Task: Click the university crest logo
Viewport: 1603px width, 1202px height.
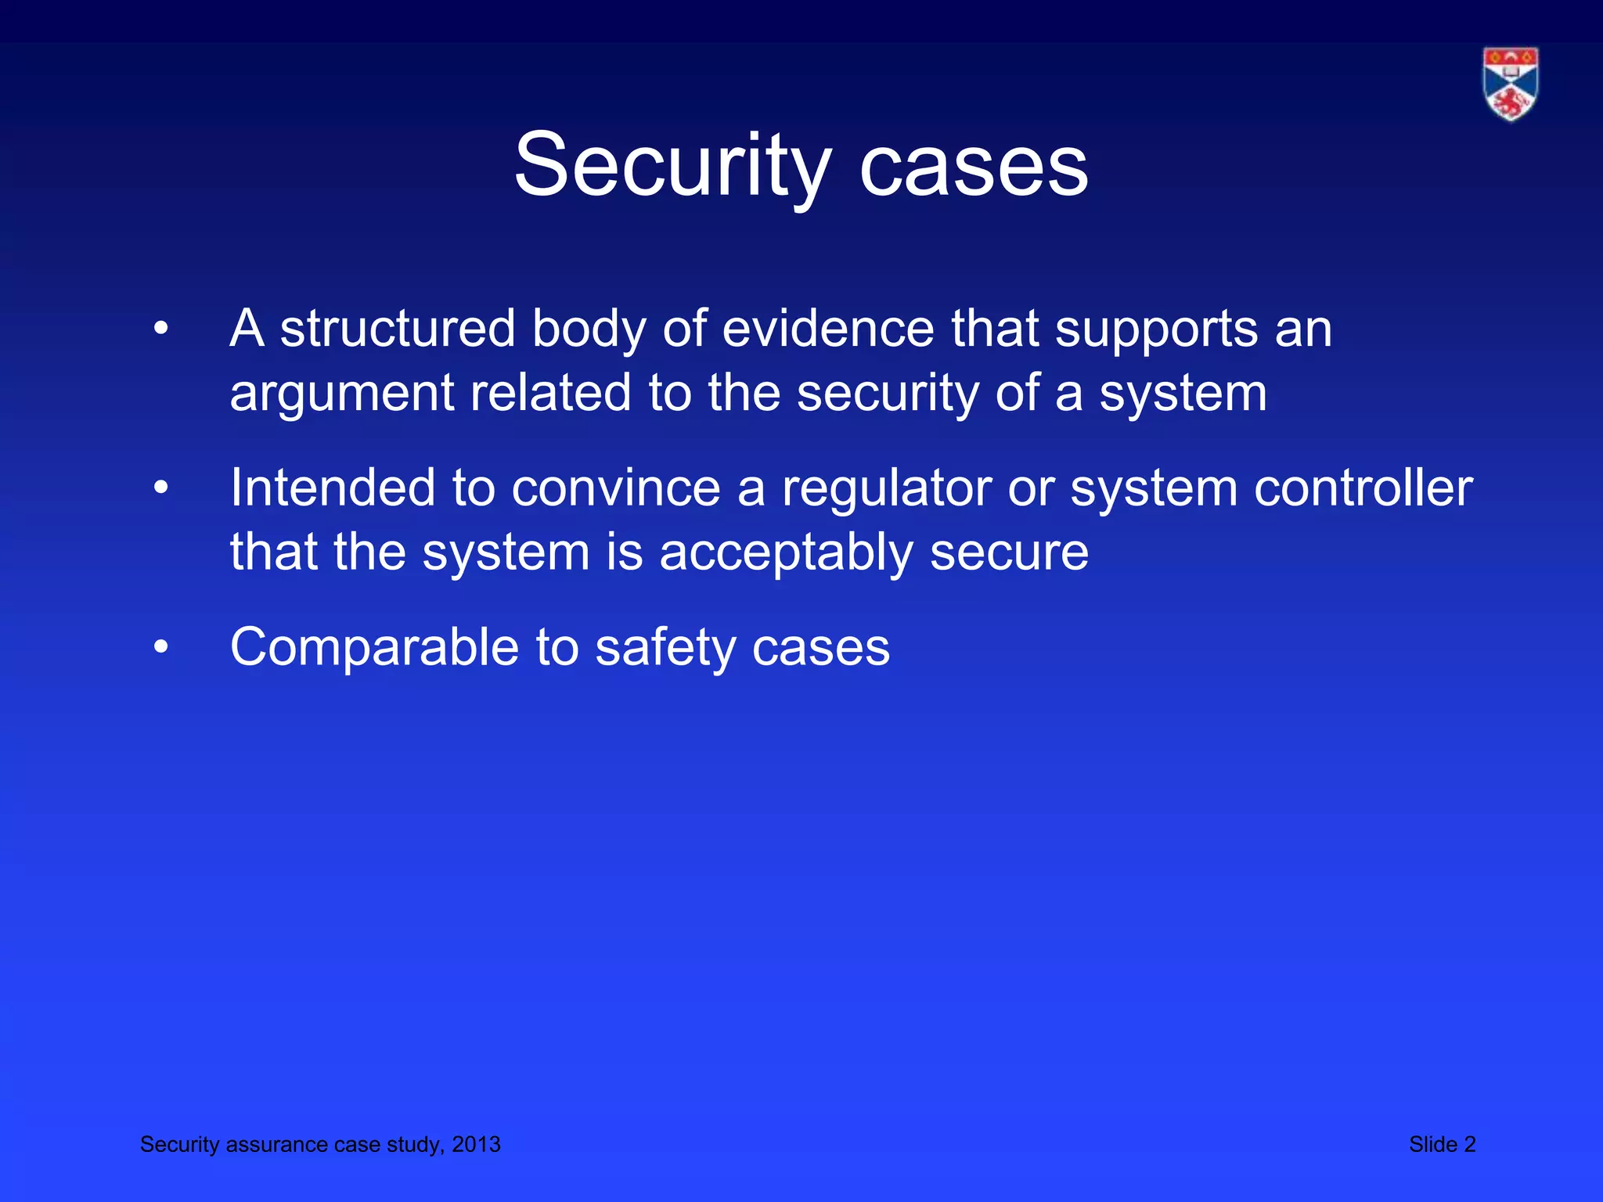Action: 1510,84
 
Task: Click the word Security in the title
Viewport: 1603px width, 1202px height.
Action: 672,166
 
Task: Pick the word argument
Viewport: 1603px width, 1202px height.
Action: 340,394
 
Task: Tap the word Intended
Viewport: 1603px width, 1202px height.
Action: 332,488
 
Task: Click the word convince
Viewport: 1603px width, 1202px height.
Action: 615,488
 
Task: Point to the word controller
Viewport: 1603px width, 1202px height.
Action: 1363,488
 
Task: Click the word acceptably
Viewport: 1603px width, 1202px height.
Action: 786,553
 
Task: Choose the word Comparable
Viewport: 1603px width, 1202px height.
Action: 374,648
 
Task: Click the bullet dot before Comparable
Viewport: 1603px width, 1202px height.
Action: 161,648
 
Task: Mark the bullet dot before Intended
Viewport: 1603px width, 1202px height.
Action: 161,488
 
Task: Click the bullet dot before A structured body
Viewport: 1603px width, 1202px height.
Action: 161,329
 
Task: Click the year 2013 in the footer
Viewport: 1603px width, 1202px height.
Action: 476,1144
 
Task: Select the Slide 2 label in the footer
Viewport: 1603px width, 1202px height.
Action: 1442,1144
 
